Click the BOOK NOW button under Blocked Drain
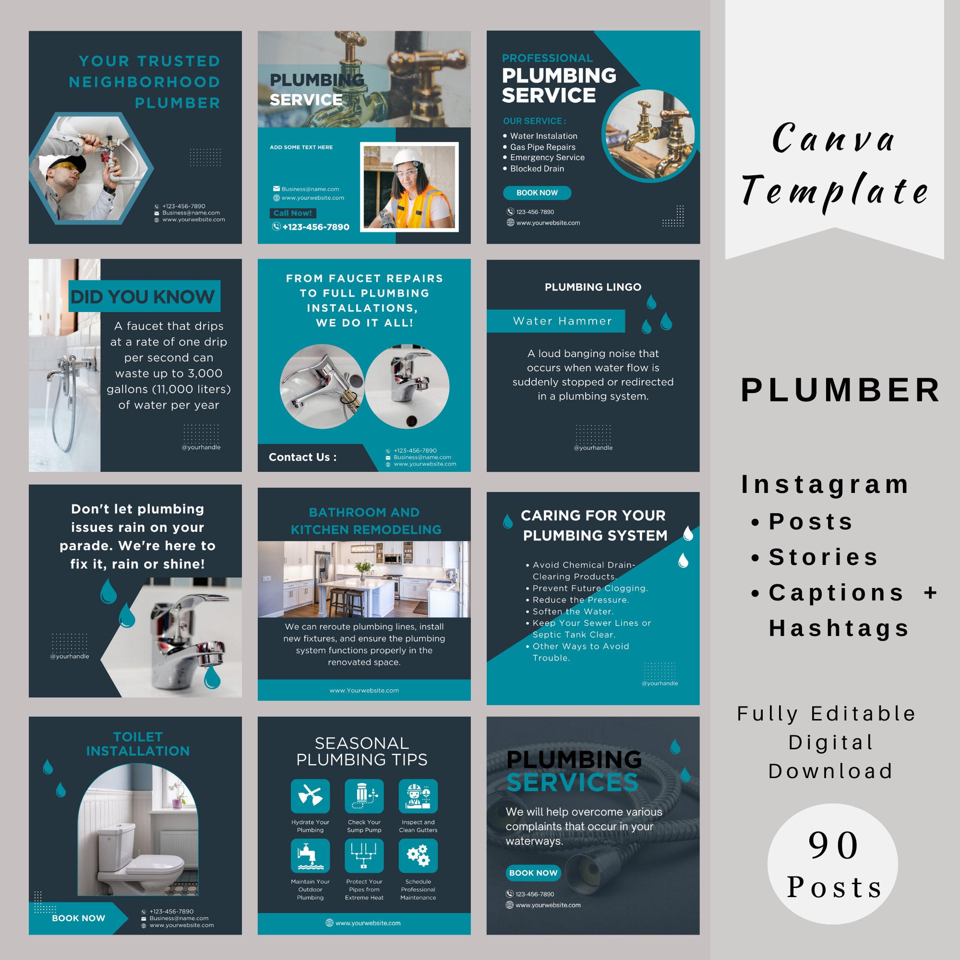point(537,193)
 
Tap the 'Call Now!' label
point(293,213)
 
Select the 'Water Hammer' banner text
point(563,321)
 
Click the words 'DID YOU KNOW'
point(143,297)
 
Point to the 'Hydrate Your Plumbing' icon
point(310,796)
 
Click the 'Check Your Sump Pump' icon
point(364,796)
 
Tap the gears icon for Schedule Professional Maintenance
point(418,856)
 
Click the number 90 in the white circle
point(833,845)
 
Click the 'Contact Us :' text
point(302,457)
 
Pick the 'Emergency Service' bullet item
point(547,157)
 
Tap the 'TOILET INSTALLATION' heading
point(138,744)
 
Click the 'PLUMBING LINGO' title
point(593,287)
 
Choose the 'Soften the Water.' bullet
point(573,611)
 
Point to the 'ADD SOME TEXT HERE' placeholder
point(301,147)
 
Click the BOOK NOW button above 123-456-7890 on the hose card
point(533,873)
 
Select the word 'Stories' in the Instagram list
point(823,557)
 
